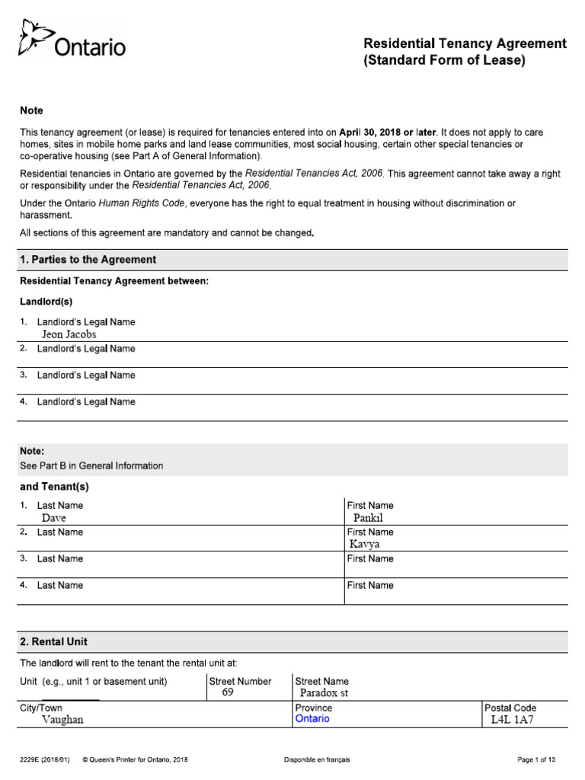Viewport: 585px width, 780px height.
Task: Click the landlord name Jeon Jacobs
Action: point(69,334)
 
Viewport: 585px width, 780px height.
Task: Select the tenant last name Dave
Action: point(53,518)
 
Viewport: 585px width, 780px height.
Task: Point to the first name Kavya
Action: point(364,545)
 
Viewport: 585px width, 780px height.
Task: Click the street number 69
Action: point(228,692)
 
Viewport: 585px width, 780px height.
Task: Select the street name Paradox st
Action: point(324,693)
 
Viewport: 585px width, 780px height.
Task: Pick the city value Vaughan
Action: point(62,720)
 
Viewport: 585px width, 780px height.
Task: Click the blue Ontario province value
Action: point(312,719)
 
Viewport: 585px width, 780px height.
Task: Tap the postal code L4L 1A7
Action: point(513,720)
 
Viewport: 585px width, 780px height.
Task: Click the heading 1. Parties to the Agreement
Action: point(88,260)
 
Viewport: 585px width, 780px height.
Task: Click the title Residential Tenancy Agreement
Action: point(465,43)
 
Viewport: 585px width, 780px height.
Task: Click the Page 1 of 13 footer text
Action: point(536,759)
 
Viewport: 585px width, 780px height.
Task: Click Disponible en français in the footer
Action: point(317,759)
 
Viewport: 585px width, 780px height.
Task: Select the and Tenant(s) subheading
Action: point(54,487)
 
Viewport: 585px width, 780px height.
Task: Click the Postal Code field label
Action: point(510,708)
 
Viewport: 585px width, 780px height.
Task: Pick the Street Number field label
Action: point(240,681)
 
